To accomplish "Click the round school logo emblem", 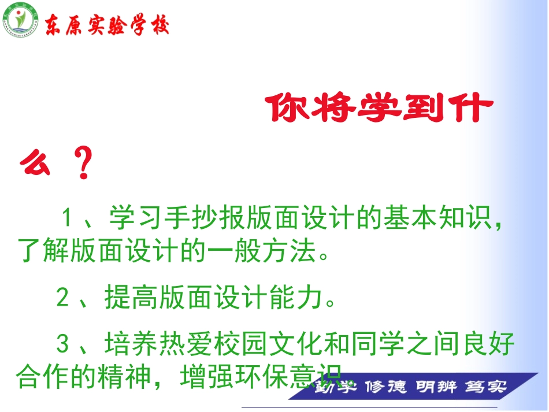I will tap(20, 21).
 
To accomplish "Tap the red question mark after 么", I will tap(84, 164).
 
